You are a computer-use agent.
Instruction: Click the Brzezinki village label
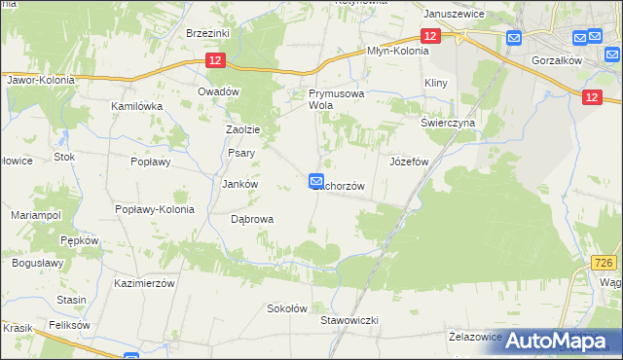coord(206,32)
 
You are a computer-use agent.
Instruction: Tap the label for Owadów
coord(218,90)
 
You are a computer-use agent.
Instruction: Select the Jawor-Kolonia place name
coord(40,79)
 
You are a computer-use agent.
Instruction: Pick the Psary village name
coord(240,153)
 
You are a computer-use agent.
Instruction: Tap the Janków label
coord(239,183)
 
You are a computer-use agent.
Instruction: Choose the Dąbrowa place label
coord(251,219)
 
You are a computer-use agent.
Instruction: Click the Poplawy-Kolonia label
coord(155,208)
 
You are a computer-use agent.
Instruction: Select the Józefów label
coord(409,162)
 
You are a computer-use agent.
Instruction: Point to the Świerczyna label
coord(447,124)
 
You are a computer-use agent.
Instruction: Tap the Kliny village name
coord(435,84)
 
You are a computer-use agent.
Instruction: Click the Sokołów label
coord(287,308)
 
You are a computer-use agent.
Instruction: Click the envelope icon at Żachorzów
coord(316,180)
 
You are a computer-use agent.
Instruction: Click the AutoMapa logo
coord(559,341)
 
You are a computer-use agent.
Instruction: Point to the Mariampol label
coord(35,213)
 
